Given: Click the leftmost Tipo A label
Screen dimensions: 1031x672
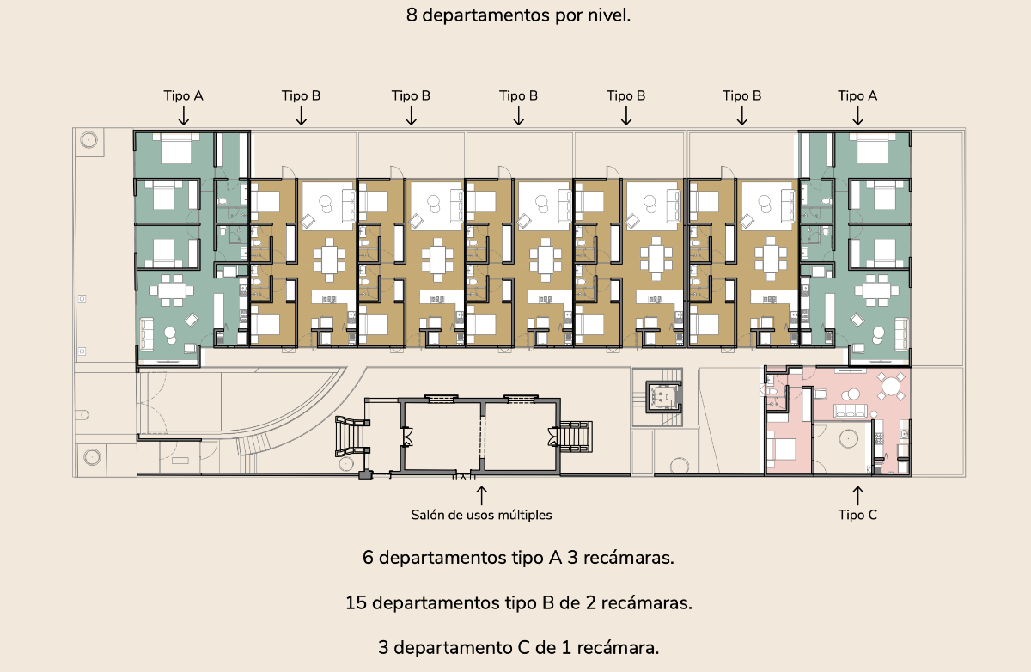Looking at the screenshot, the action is tap(183, 95).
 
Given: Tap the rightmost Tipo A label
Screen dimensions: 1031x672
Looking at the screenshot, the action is tap(857, 95).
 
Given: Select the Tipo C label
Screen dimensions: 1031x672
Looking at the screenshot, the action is tap(857, 515).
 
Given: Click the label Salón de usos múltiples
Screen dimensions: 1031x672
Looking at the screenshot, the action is tap(481, 515).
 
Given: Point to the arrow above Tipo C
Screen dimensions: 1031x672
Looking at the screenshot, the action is tap(857, 495).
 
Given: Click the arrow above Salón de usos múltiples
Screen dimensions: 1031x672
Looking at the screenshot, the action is tap(481, 495).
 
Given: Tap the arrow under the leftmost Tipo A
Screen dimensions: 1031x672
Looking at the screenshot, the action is tap(184, 115).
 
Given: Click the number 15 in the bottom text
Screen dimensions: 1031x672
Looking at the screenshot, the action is tap(356, 602).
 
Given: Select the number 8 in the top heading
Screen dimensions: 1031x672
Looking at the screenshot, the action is tap(412, 15).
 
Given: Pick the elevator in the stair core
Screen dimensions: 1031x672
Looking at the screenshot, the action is tap(663, 397).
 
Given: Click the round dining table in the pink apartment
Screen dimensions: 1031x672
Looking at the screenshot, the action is tap(891, 386).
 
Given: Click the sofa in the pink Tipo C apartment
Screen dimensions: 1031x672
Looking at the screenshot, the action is tap(851, 411).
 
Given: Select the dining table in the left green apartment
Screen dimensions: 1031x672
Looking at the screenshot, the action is tap(172, 290).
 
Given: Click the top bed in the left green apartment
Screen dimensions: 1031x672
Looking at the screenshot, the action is tap(176, 148).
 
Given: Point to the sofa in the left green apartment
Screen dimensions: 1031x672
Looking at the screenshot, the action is tap(147, 333).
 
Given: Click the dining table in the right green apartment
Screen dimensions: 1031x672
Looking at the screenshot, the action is tap(876, 290).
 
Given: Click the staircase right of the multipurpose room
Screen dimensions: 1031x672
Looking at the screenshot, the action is tap(576, 437).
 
